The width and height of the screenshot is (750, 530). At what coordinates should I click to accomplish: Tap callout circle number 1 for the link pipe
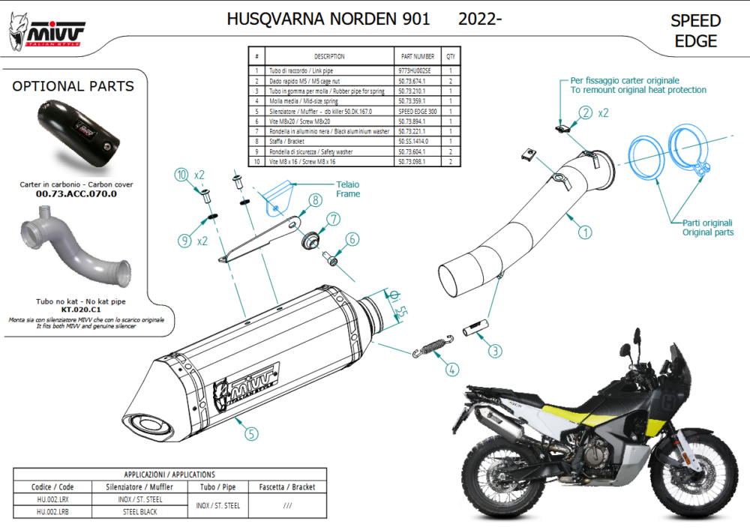(583, 232)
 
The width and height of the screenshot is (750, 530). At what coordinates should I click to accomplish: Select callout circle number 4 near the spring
(451, 369)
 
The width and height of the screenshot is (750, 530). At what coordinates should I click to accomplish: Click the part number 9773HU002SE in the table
(418, 70)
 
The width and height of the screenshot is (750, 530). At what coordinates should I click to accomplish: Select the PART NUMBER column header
(418, 56)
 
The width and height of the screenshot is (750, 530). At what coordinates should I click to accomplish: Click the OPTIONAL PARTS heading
(73, 86)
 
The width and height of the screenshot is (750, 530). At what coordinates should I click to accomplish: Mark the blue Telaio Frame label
(348, 189)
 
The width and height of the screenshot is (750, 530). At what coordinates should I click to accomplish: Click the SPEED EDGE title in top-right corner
(695, 31)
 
